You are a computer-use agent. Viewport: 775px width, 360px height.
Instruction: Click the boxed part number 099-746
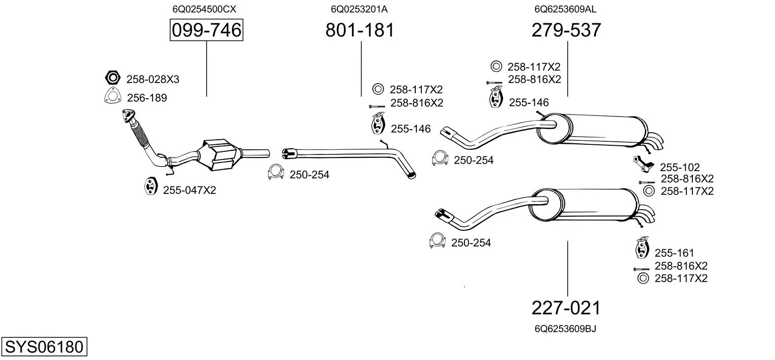[x=207, y=30]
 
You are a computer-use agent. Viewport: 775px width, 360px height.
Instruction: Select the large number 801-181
[x=360, y=30]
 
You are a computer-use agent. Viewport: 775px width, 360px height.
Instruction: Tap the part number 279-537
[x=566, y=30]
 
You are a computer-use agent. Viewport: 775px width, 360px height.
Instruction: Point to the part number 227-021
[x=566, y=308]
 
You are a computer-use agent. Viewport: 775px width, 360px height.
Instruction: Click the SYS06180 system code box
[x=44, y=347]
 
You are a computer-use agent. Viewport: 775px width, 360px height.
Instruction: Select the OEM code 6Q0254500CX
[x=204, y=9]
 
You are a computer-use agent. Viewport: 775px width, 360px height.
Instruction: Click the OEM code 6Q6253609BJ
[x=565, y=329]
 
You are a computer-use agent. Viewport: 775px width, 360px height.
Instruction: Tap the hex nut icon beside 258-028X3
[x=112, y=78]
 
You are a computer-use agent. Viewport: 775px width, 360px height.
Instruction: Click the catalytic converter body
[x=220, y=154]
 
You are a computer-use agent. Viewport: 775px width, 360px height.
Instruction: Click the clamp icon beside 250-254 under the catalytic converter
[x=276, y=174]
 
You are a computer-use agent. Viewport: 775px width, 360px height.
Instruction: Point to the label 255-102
[x=679, y=167]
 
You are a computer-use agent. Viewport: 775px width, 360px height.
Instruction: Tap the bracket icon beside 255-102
[x=644, y=164]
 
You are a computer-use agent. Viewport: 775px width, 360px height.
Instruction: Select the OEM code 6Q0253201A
[x=359, y=9]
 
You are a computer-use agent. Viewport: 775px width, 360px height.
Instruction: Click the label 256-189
[x=146, y=98]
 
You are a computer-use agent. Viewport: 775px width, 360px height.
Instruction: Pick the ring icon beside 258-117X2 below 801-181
[x=378, y=90]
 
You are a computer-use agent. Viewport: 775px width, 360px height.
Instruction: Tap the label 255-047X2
[x=189, y=190]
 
